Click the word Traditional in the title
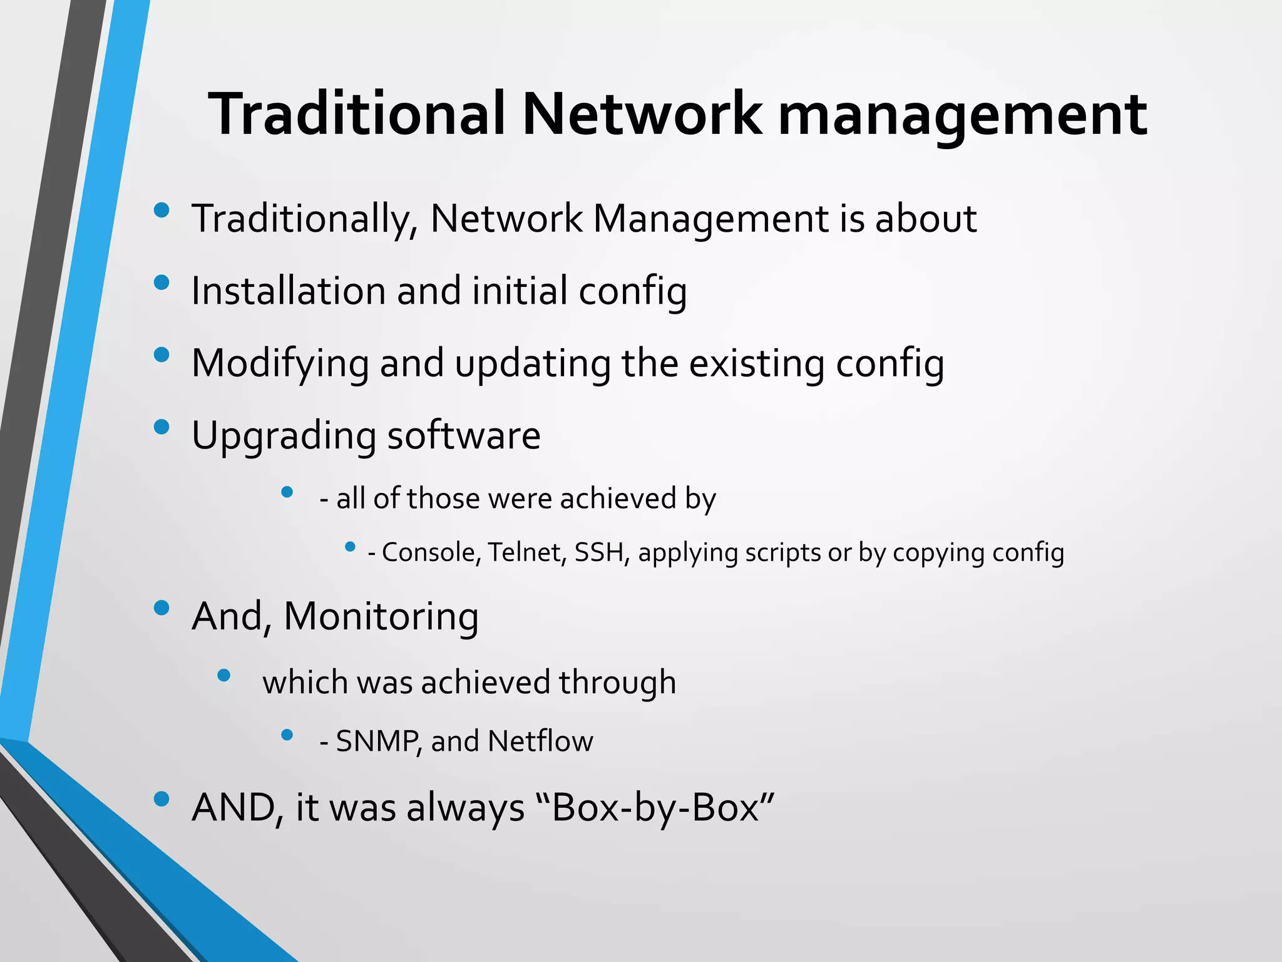[357, 114]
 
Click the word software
[463, 435]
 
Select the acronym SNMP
[379, 742]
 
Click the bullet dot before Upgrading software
[162, 427]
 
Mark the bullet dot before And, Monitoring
[162, 608]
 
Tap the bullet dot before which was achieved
[223, 675]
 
